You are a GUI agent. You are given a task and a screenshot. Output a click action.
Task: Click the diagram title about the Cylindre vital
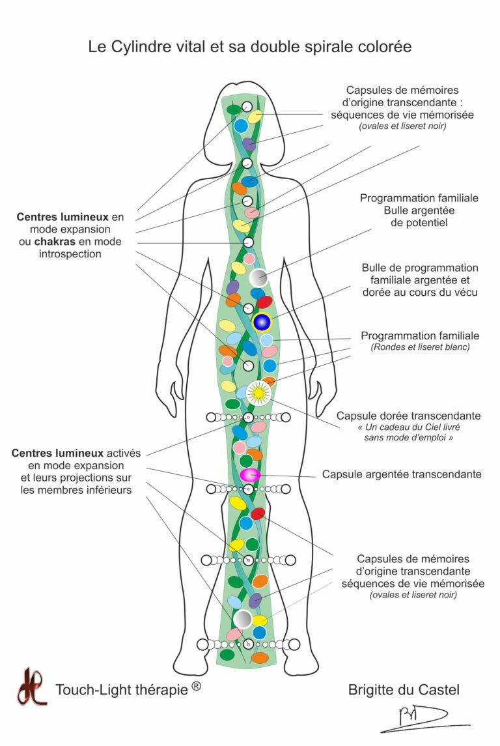[250, 47]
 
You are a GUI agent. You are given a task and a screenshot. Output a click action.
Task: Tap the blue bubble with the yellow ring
[262, 322]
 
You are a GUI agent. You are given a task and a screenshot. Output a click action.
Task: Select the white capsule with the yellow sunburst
[258, 392]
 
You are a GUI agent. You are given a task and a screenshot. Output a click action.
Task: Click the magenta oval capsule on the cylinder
[250, 475]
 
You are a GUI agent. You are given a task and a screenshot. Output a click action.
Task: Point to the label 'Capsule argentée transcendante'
[402, 474]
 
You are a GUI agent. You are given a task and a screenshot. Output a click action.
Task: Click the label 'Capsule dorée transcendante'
[408, 415]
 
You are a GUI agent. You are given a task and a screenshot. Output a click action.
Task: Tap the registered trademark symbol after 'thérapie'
[196, 684]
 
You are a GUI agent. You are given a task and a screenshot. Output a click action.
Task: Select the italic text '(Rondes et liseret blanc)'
[420, 347]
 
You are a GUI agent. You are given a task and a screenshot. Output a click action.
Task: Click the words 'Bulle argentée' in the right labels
[419, 210]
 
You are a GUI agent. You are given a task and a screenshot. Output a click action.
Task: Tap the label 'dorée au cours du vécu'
[420, 292]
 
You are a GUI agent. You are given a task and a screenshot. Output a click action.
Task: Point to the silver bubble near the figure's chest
[258, 278]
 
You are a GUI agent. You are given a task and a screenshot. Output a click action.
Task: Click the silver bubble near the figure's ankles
[243, 618]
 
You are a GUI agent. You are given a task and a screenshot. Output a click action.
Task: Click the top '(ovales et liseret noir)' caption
[402, 126]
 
